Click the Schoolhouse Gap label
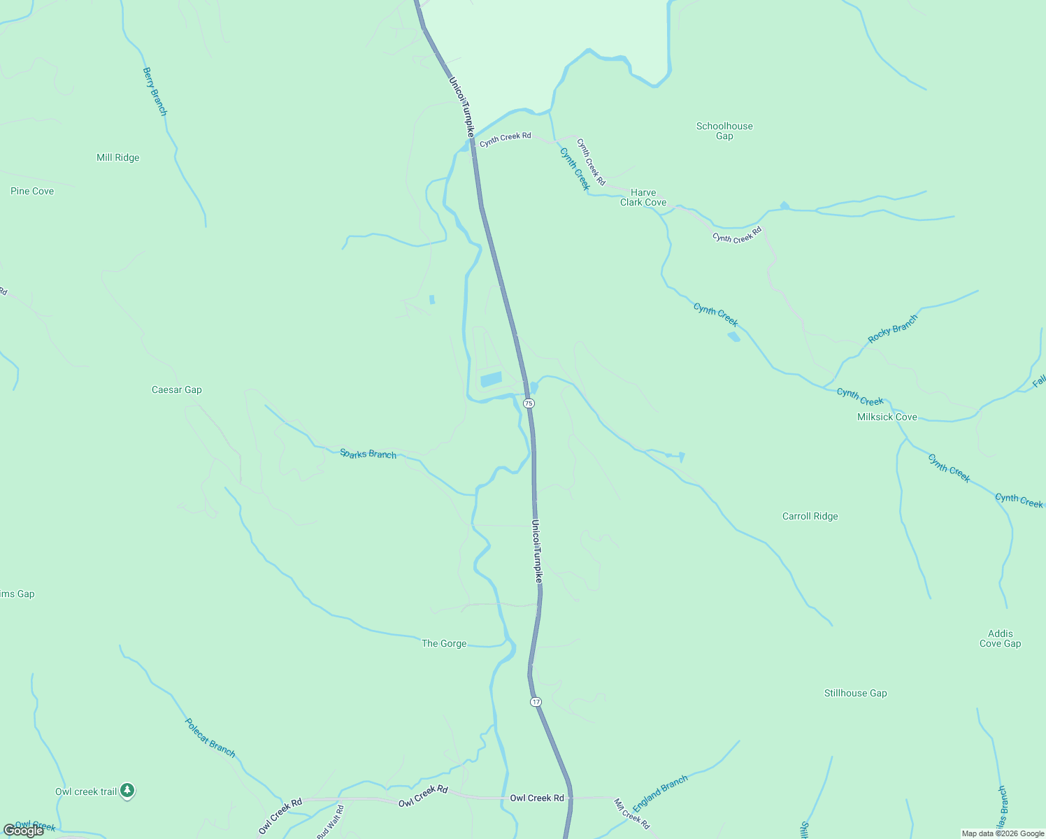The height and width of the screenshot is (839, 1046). click(x=724, y=131)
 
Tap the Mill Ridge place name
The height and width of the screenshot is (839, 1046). click(x=117, y=158)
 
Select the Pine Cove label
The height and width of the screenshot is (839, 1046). click(x=32, y=192)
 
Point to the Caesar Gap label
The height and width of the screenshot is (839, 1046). click(x=176, y=390)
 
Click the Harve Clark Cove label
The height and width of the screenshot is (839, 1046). click(x=643, y=198)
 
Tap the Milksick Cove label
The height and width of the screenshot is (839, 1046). click(x=887, y=417)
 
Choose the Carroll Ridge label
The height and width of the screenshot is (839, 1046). click(x=810, y=517)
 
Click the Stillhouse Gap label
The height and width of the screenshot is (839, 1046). click(x=855, y=694)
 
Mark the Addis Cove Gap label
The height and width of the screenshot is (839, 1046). click(x=1000, y=639)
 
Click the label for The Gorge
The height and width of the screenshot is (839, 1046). click(x=444, y=644)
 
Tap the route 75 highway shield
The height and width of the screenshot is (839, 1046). click(x=529, y=403)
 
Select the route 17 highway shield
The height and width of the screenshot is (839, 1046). click(x=536, y=701)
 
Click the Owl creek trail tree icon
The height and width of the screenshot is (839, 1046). click(x=127, y=791)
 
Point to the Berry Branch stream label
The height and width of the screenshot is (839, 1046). click(x=155, y=91)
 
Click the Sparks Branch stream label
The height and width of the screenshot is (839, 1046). click(x=368, y=454)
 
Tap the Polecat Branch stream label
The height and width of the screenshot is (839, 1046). click(x=210, y=738)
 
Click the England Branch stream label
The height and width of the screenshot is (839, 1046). click(x=660, y=794)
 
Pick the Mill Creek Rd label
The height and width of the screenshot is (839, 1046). click(x=631, y=814)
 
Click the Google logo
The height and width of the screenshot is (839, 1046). click(x=24, y=831)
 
